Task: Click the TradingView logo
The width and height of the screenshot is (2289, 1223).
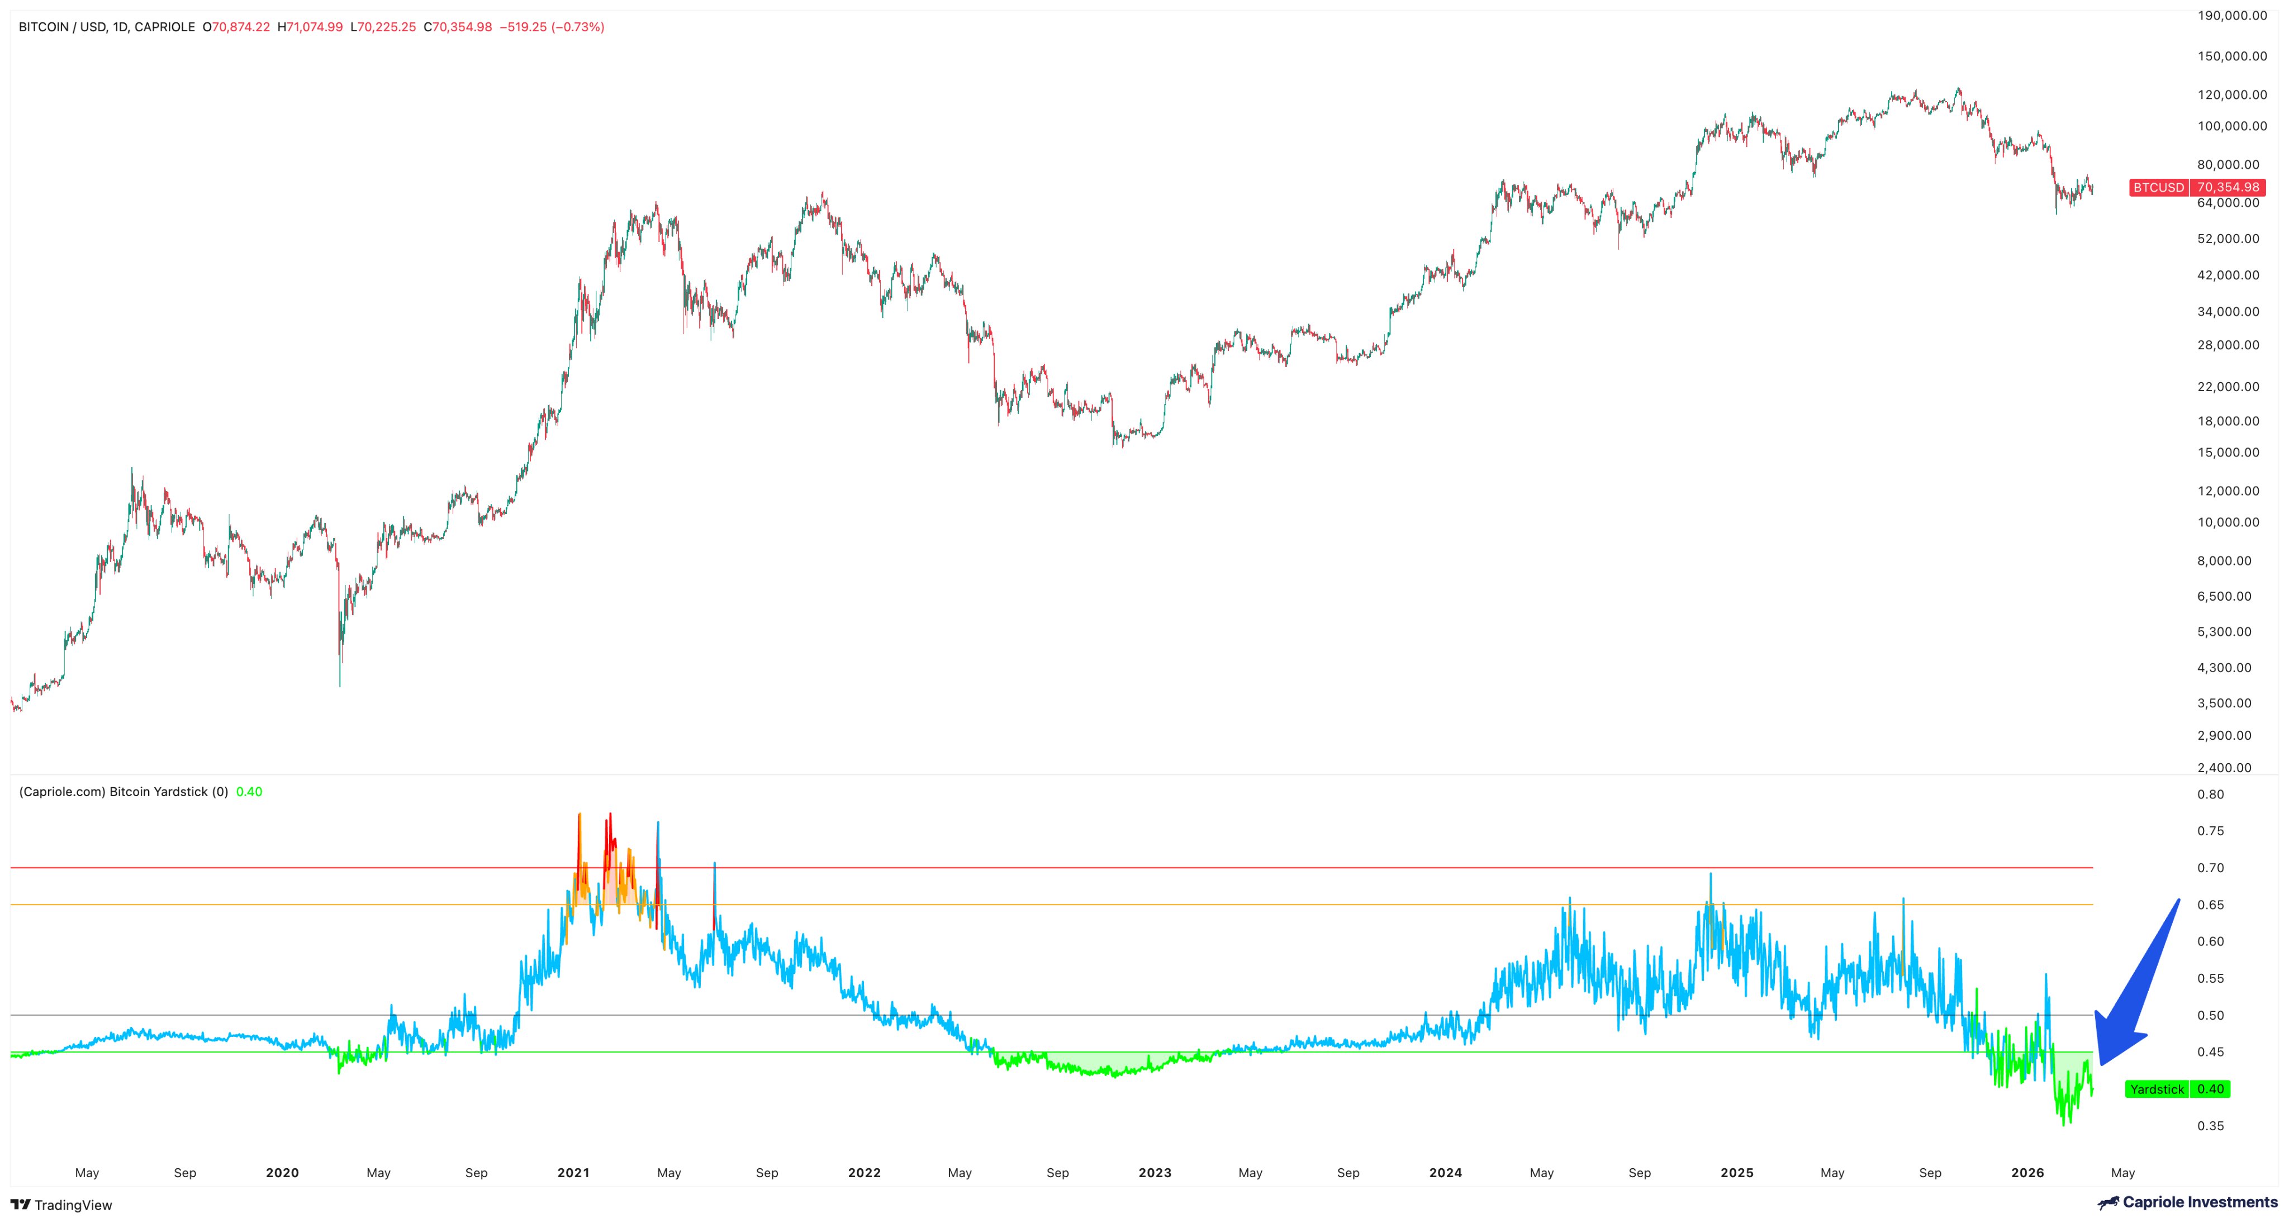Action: [x=61, y=1205]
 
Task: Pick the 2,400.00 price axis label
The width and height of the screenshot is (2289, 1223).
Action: [x=2224, y=767]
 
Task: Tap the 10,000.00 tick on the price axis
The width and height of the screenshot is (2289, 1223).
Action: [x=2228, y=522]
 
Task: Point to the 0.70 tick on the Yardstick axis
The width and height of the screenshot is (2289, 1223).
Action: [x=2211, y=868]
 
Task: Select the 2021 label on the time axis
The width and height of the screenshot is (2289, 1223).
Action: [x=573, y=1172]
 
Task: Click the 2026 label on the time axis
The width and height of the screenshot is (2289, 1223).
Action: [x=2027, y=1172]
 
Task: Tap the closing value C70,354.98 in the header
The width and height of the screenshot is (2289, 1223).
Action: [x=458, y=27]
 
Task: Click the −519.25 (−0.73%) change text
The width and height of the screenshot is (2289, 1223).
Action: [x=552, y=27]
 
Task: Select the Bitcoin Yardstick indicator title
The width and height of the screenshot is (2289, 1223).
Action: [x=124, y=791]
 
